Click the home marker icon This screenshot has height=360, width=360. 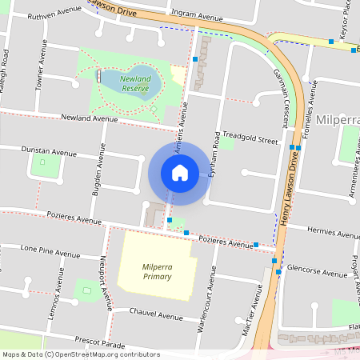tap(180, 173)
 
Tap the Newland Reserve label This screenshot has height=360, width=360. tap(135, 84)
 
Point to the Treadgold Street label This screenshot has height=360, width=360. tap(250, 137)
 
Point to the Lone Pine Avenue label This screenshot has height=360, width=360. tap(47, 249)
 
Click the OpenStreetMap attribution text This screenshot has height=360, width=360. tap(80, 354)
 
